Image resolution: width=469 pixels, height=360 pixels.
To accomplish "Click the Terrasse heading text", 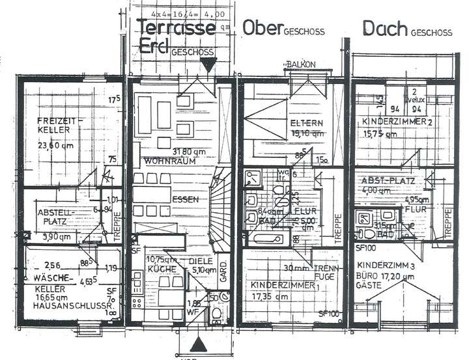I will (176, 27).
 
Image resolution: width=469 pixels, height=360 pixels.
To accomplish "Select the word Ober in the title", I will (261, 28).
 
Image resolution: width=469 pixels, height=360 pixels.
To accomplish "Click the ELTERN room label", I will (302, 121).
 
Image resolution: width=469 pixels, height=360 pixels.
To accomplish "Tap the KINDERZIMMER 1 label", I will (284, 284).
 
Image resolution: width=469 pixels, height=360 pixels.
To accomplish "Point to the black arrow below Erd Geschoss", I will (208, 64).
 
